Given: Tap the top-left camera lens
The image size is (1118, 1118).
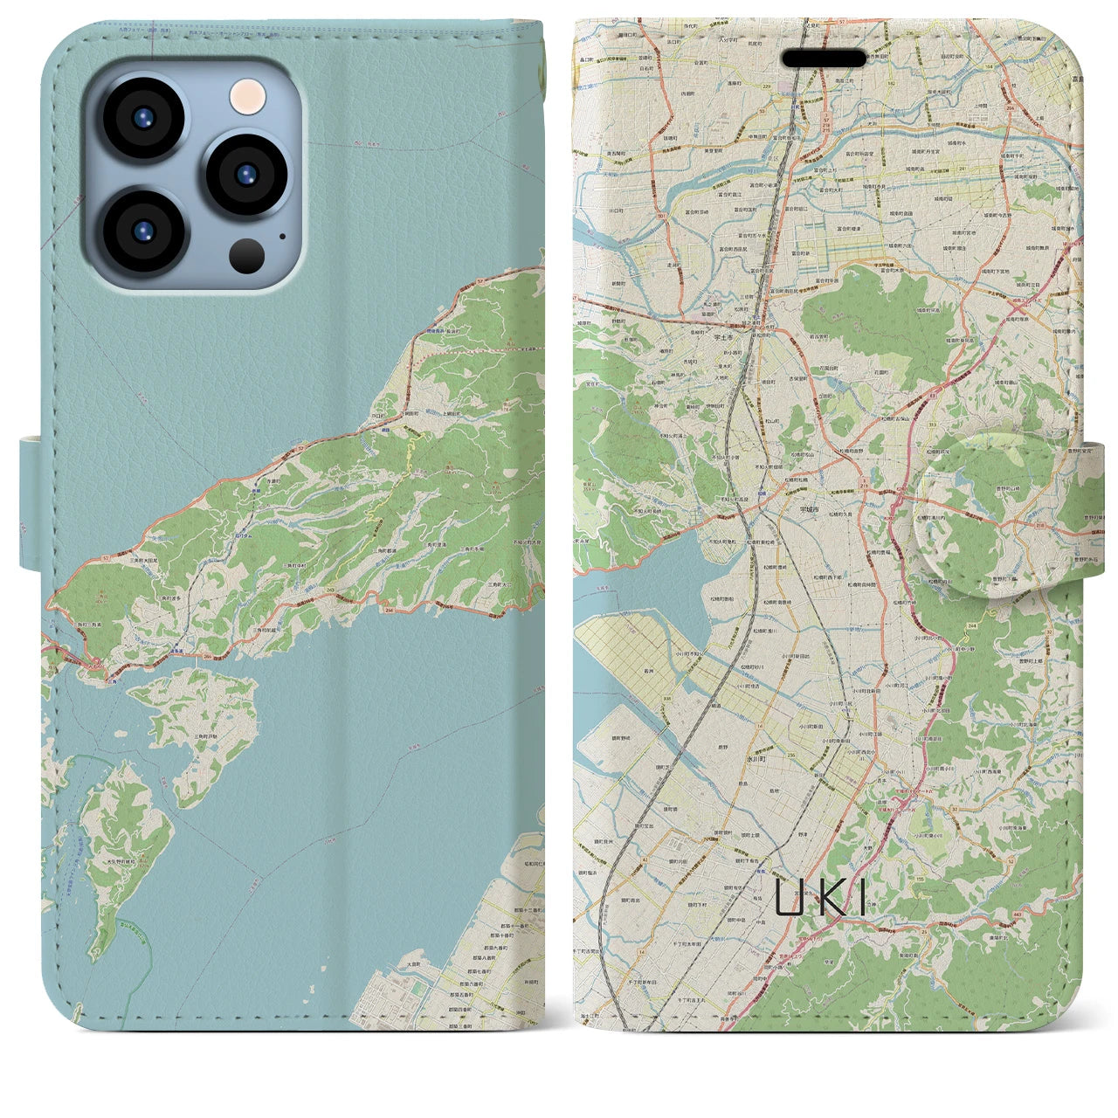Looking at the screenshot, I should [x=143, y=118].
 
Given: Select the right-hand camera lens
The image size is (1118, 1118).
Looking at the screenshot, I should [x=247, y=173].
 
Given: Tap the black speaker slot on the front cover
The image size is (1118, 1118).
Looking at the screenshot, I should [x=824, y=59].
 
